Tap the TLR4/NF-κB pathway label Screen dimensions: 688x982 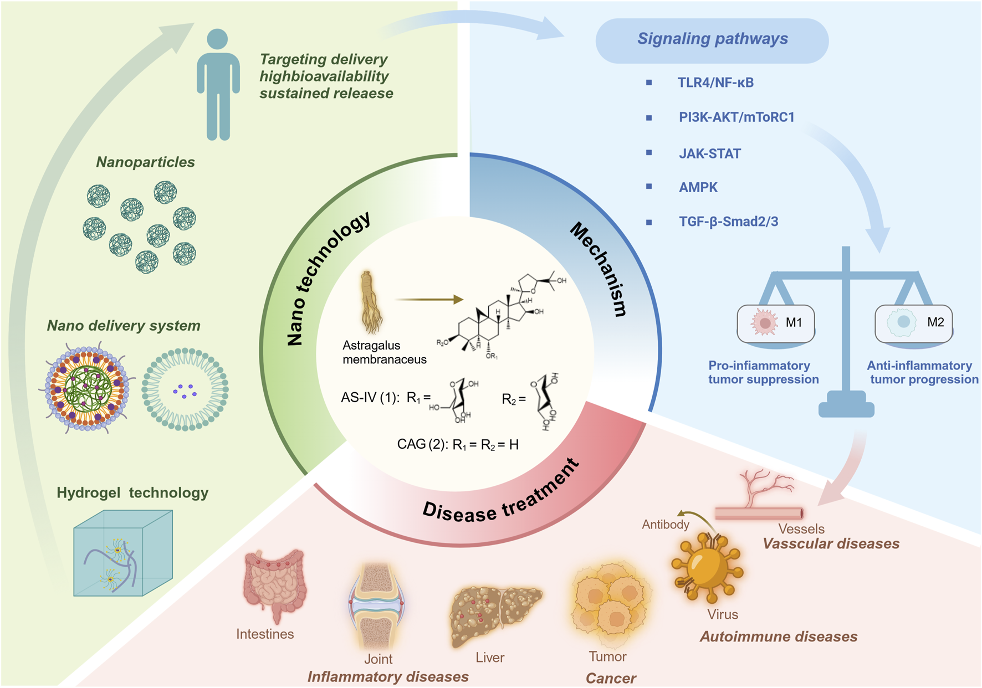pos(715,83)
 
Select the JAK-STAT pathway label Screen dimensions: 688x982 pos(709,154)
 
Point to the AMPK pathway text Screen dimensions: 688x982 pos(698,188)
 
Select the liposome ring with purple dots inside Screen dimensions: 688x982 pos(185,389)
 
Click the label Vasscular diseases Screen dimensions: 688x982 pos(831,544)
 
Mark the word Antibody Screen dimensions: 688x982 pos(665,525)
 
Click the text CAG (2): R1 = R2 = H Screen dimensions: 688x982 pos(457,445)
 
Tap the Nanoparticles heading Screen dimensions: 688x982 pos(145,162)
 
